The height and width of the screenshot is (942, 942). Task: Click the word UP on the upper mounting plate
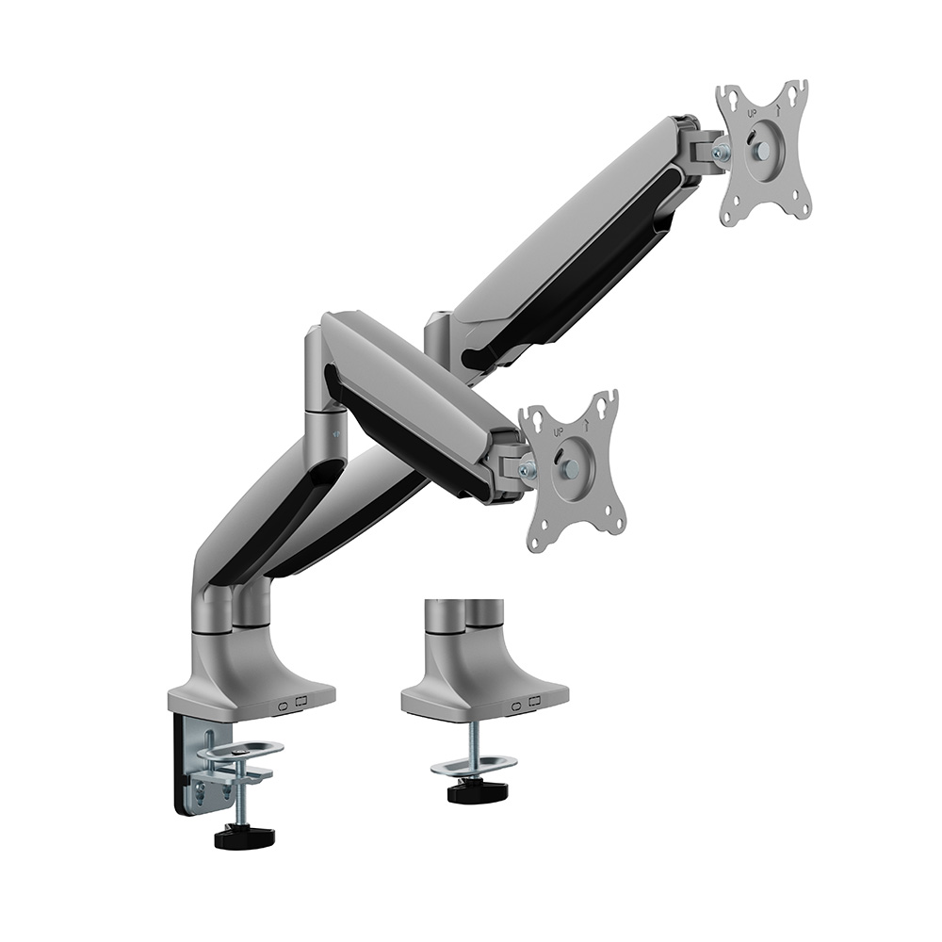[x=751, y=112]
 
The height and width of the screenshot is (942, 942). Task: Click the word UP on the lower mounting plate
[x=558, y=432]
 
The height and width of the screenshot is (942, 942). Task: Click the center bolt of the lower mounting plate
[x=572, y=467]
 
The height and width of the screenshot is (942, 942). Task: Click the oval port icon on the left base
[x=284, y=706]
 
